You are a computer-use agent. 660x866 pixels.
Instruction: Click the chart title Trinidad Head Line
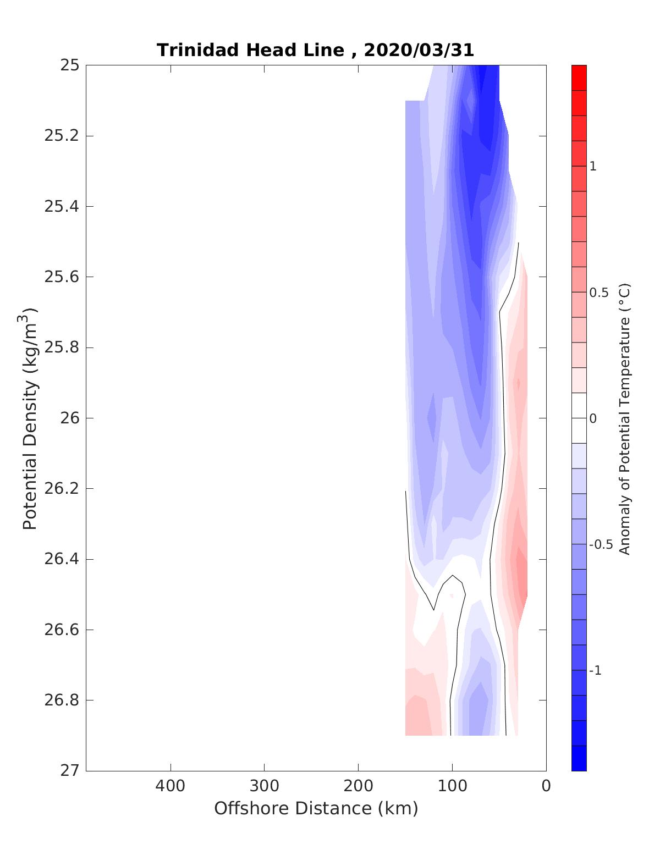click(x=250, y=50)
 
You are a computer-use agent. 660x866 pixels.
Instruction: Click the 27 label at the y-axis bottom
click(x=70, y=771)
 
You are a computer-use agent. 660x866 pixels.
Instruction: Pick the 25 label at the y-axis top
click(x=70, y=65)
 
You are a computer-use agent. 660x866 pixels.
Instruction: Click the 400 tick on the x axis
click(x=170, y=786)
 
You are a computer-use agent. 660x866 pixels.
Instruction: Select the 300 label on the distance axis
click(x=265, y=786)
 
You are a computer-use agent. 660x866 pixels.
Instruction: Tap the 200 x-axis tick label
click(x=359, y=786)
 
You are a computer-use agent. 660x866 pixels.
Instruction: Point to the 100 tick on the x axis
click(x=452, y=786)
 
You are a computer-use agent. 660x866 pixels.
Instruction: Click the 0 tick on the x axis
click(x=546, y=786)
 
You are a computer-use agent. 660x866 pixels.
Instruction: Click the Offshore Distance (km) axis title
click(x=316, y=808)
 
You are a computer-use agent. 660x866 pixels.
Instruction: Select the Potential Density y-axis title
click(x=30, y=418)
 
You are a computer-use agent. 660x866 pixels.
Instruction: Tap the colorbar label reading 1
click(x=593, y=166)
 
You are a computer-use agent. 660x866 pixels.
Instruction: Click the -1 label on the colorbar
click(x=595, y=671)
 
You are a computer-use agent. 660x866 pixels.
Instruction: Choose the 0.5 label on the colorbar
click(x=598, y=293)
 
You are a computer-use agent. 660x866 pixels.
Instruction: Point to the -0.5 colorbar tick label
click(x=601, y=544)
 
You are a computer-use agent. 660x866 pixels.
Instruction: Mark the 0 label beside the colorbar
click(x=593, y=418)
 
